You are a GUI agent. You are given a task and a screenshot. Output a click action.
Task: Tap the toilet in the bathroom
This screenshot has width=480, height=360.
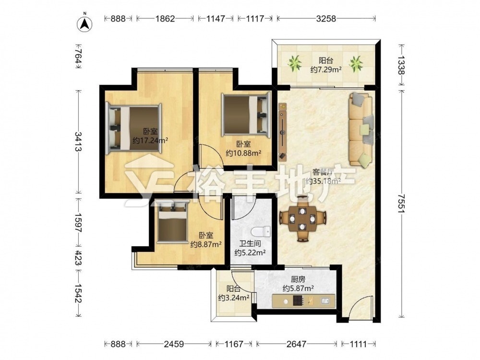261,232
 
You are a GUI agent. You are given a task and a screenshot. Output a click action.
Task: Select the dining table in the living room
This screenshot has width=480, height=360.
302,218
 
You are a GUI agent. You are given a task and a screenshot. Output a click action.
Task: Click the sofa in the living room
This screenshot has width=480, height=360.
360,130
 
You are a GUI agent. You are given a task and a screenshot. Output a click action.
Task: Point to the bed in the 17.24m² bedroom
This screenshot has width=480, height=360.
133,129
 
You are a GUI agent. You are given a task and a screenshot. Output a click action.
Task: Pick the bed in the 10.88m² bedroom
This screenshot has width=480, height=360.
246,115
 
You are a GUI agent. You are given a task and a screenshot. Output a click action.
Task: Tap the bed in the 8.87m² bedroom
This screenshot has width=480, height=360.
172,221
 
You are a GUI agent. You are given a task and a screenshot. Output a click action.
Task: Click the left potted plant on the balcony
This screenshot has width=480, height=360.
295,64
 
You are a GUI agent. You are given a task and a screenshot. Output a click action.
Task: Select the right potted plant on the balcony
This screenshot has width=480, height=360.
356,64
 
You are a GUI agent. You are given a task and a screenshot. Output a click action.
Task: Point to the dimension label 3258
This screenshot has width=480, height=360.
326,19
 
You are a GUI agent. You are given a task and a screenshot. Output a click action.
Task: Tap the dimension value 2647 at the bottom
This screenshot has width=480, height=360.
296,344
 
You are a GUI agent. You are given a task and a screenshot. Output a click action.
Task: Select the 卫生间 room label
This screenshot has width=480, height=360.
250,244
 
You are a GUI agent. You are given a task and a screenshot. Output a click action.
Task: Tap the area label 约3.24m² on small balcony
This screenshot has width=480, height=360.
233,298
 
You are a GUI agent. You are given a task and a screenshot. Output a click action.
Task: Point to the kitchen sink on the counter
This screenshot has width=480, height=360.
325,301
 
